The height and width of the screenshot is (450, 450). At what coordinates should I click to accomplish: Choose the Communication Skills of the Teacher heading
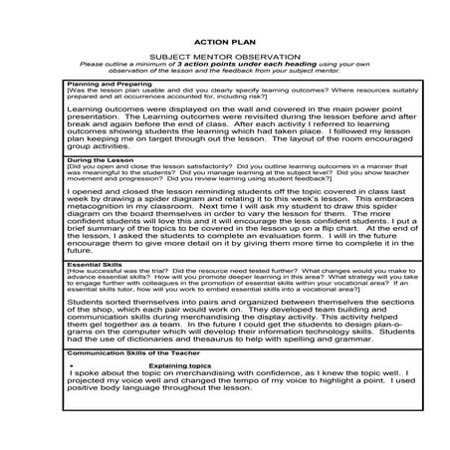coord(132,350)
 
